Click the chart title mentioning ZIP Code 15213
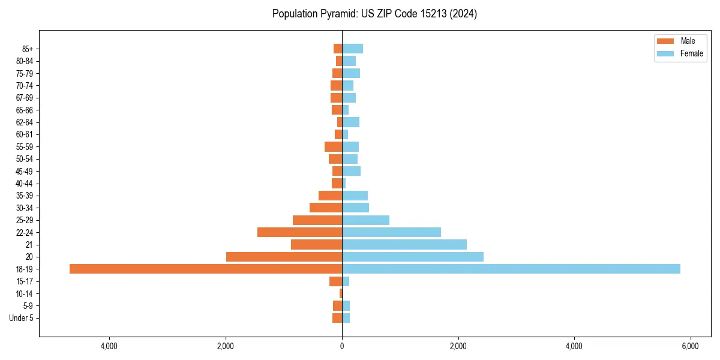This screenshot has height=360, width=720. [x=374, y=14]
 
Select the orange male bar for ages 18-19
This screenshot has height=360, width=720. [x=206, y=269]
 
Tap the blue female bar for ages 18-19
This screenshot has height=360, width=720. [x=511, y=269]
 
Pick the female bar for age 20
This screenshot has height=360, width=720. [x=413, y=257]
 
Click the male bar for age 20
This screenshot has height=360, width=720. [x=284, y=257]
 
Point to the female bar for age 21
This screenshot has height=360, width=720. [x=404, y=244]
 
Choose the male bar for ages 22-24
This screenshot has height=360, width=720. [x=299, y=232]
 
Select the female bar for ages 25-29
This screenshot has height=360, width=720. [x=365, y=220]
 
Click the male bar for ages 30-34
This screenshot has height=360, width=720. [x=326, y=208]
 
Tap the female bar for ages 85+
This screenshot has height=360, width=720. [x=352, y=49]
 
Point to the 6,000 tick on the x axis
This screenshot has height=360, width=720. [x=690, y=346]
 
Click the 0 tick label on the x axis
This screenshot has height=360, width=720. [x=342, y=346]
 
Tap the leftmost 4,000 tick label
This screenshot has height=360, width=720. [x=109, y=346]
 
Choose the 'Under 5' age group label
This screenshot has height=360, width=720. [x=21, y=318]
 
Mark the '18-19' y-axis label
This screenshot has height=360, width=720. [x=25, y=269]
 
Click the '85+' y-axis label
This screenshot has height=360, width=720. [x=27, y=49]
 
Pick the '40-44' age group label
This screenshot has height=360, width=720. [x=25, y=184]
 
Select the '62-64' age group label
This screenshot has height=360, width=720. [x=25, y=122]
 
